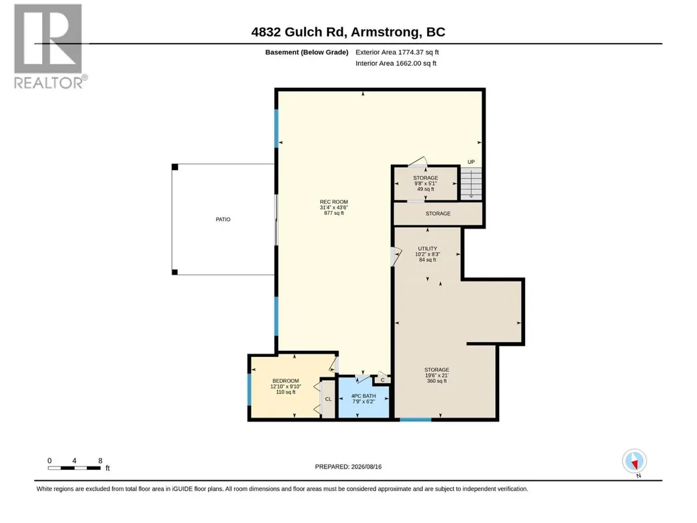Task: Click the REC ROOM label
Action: pos(334,202)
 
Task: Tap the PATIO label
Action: pos(223,219)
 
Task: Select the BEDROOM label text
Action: pos(286,381)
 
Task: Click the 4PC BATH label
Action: pos(364,396)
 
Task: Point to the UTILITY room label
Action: pos(428,249)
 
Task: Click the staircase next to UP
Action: pos(471,183)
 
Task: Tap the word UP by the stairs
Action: pos(471,162)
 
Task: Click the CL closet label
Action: pos(328,399)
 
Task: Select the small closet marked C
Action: pos(382,379)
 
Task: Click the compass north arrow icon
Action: pos(634,461)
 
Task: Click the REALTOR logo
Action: pos(48,46)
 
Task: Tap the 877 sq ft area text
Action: pos(334,213)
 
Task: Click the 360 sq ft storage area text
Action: pos(437,381)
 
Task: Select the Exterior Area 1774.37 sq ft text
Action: pos(397,52)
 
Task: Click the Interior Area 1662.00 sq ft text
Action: pos(396,63)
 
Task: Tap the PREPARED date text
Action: pos(348,467)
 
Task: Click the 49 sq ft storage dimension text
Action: pos(426,189)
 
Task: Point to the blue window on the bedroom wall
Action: pos(250,390)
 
